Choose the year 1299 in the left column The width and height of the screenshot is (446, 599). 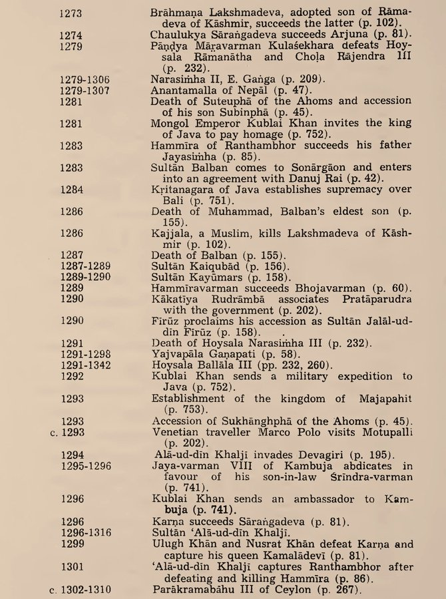[72, 544]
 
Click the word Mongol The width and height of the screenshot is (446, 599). [170, 122]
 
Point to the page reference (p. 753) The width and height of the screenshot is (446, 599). [183, 409]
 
